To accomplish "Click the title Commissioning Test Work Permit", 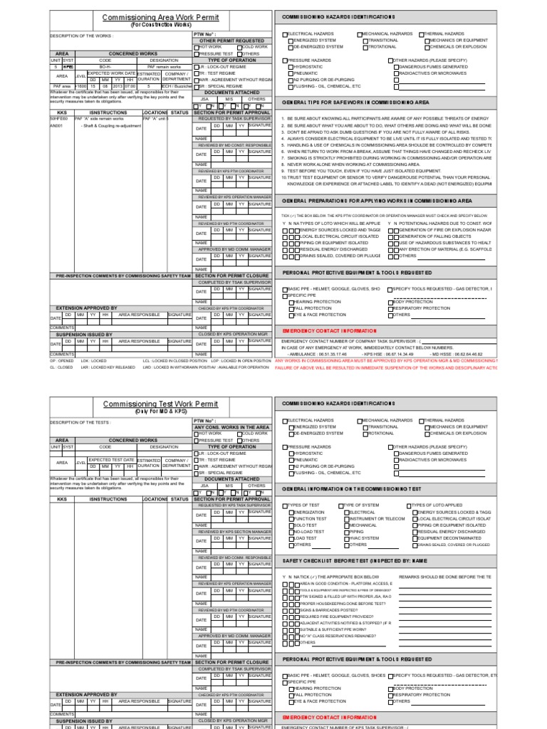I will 150,404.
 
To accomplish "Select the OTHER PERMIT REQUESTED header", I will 232,41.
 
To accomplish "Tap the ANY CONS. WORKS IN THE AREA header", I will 232,427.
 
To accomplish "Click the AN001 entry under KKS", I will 57,125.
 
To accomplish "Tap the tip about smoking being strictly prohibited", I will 388,157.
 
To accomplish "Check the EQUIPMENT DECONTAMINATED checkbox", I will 410,538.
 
